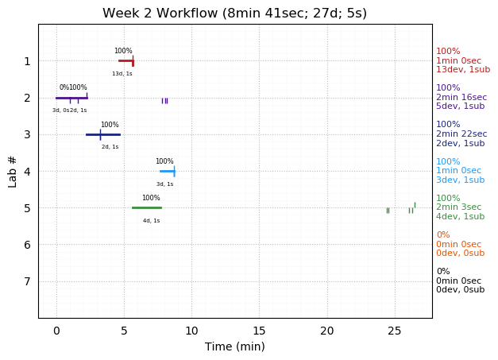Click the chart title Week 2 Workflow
pos(234,14)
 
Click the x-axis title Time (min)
pos(234,346)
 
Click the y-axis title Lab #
pos(13,171)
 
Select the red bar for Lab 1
pos(125,60)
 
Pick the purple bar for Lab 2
pos(71,98)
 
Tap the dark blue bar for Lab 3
pos(102,134)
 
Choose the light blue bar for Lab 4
pos(167,171)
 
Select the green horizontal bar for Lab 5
pos(146,207)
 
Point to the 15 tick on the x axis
pos(260,330)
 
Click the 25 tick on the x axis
pos(395,330)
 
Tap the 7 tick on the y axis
pos(27,281)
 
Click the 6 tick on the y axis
pos(27,245)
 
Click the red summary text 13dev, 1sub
pos(463,70)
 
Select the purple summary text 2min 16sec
pos(461,97)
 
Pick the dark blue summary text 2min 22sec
pos(461,134)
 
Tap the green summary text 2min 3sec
pos(458,207)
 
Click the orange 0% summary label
pos(442,235)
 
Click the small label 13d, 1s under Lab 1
pos(122,74)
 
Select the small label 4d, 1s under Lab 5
pos(151,221)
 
